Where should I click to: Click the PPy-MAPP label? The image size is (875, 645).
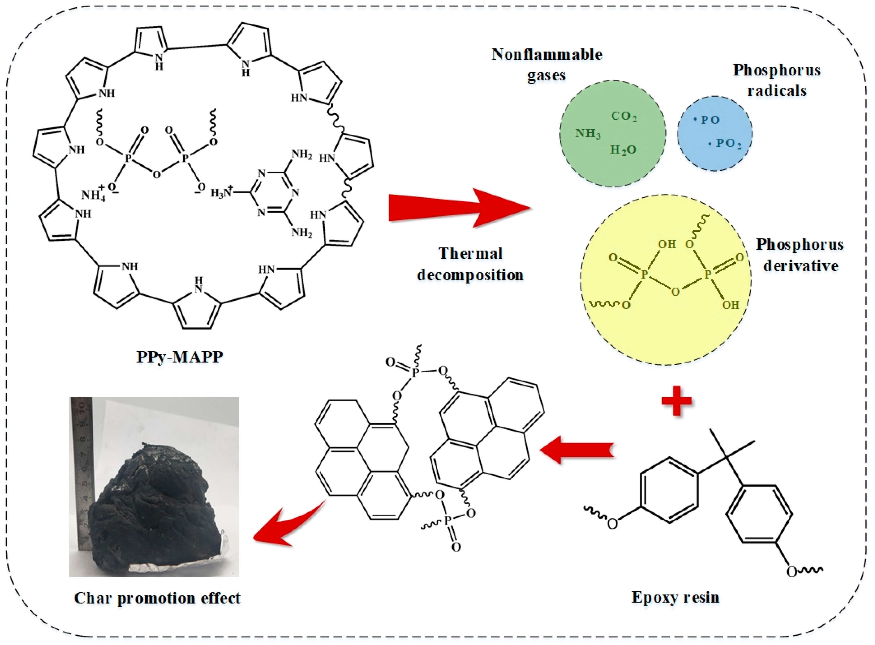click(x=180, y=357)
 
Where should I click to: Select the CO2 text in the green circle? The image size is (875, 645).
click(x=624, y=116)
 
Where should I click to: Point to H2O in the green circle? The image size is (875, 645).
click(x=623, y=150)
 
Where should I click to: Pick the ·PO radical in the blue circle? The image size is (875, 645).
click(x=707, y=120)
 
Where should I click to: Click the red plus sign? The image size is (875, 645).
click(x=677, y=401)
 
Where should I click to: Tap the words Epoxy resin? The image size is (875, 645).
click(x=675, y=597)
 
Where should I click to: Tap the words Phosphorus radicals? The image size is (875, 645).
click(x=776, y=80)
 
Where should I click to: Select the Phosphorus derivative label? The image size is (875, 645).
click(x=800, y=255)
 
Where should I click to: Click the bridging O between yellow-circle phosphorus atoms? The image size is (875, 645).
click(x=675, y=291)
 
